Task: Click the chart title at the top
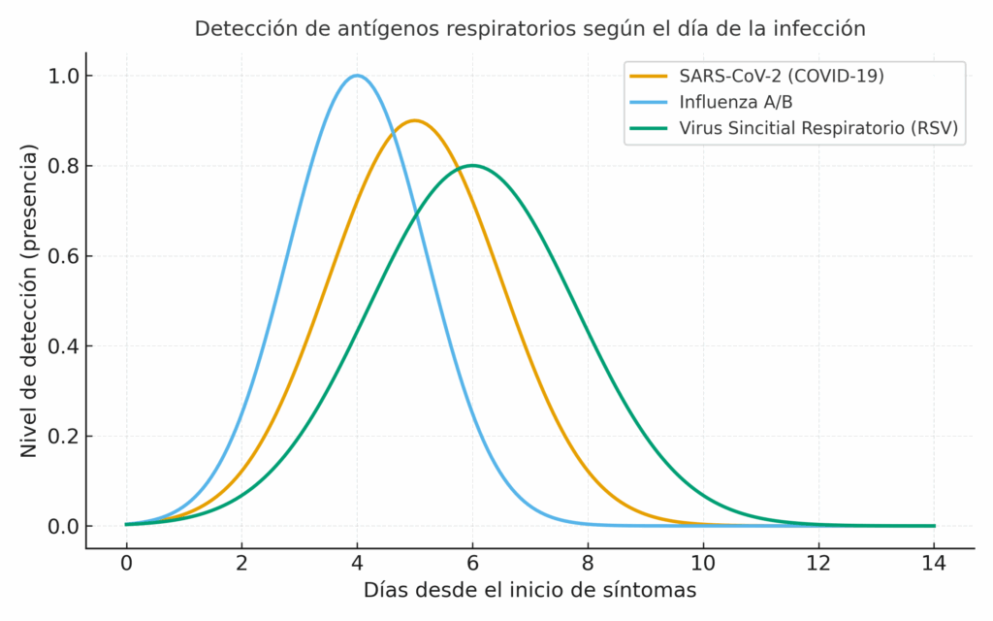click(529, 29)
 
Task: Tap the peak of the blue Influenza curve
click(357, 76)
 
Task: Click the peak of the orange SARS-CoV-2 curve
click(415, 120)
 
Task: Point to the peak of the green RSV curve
click(472, 166)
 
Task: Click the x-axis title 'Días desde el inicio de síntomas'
click(529, 590)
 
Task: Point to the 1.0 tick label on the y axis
click(63, 76)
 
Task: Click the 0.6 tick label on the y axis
click(63, 256)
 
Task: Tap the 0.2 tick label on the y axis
click(63, 436)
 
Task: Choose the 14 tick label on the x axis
click(934, 563)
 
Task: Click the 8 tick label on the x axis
click(588, 563)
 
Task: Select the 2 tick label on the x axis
click(241, 563)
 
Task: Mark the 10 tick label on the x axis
click(703, 563)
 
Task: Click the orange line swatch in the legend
click(650, 76)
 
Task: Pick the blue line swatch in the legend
click(650, 102)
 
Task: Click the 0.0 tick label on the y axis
click(63, 526)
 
